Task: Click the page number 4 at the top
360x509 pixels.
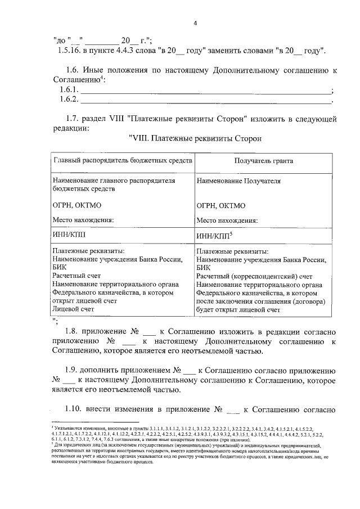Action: (195, 23)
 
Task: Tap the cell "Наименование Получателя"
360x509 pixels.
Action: (238, 181)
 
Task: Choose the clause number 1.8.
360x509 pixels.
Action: (73, 332)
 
